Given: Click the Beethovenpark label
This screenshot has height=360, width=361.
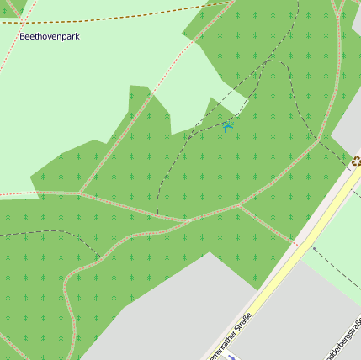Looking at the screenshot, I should click(49, 37).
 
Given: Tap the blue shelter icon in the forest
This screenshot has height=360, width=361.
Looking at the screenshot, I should click(228, 127).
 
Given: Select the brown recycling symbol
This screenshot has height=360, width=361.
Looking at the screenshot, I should click(356, 161).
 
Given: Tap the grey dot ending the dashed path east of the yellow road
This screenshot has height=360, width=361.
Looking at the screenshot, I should click(312, 248).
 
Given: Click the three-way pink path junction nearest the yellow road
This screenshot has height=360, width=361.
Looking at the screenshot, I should click(239, 204).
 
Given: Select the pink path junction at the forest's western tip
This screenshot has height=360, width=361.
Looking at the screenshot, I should click(79, 193).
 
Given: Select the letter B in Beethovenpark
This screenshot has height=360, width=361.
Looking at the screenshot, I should click(23, 37).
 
